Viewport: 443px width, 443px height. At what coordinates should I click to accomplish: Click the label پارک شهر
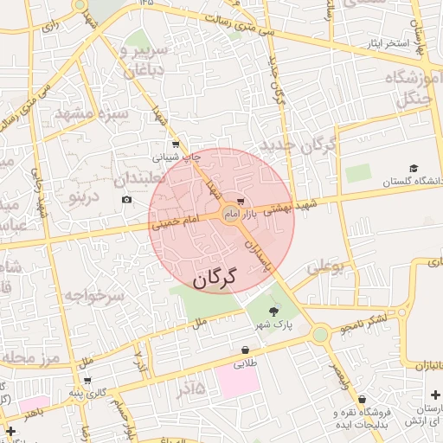(x=274, y=326)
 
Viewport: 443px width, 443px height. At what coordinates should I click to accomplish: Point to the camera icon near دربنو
(x=127, y=200)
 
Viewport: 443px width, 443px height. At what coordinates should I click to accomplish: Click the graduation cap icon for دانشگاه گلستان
(x=413, y=168)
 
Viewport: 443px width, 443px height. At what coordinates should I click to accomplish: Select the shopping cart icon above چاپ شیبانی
(x=176, y=145)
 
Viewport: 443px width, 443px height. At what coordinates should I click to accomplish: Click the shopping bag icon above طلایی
(x=247, y=350)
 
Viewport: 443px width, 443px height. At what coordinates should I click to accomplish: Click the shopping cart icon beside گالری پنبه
(x=87, y=380)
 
